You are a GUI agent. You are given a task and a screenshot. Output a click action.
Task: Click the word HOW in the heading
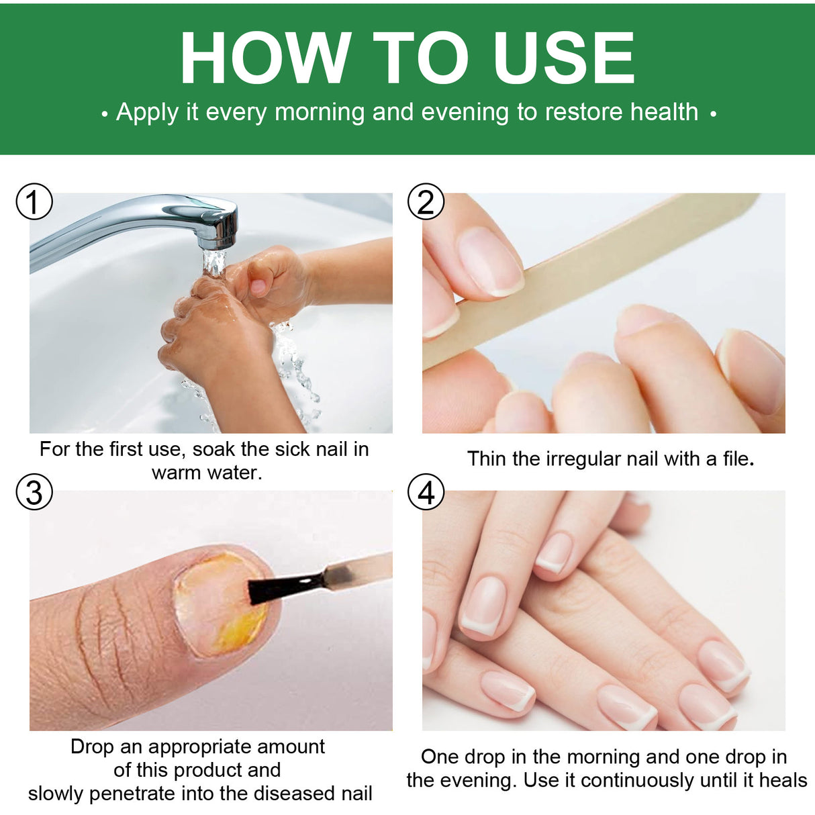coord(265,59)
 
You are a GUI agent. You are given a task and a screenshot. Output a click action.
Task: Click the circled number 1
coord(34,201)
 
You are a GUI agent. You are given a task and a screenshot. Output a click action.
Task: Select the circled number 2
coord(426,201)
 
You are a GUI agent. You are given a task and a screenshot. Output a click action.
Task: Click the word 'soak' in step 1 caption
coord(214,449)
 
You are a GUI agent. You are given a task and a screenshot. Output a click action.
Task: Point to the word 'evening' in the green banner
coord(465,112)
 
